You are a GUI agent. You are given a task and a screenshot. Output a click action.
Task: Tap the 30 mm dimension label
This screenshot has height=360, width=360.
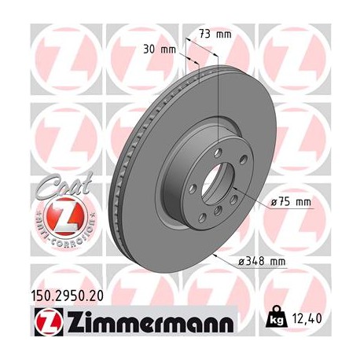[x=160, y=50]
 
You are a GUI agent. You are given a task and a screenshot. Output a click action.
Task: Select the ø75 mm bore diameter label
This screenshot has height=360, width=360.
[x=292, y=202]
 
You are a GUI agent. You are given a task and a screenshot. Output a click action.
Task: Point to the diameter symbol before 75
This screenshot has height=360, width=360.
[x=275, y=202]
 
